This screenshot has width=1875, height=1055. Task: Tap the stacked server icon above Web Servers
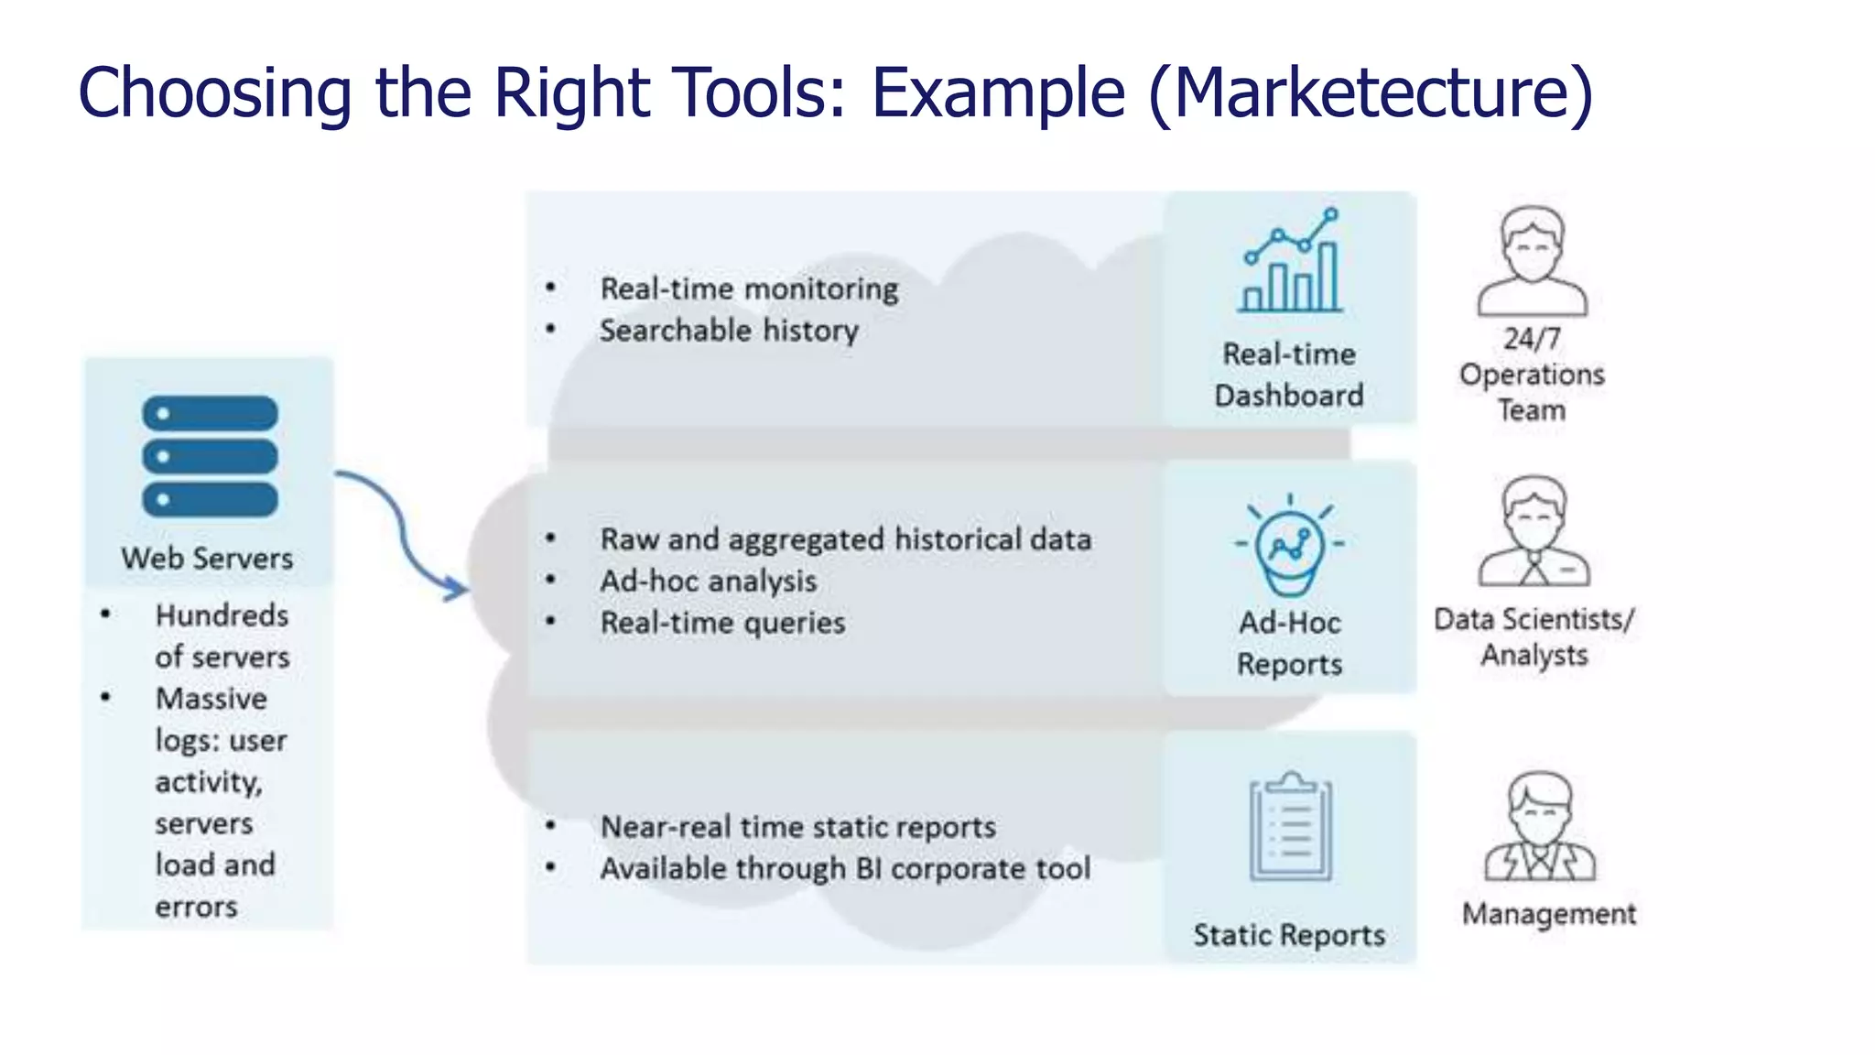coord(210,456)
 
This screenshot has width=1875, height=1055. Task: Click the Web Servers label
coord(207,559)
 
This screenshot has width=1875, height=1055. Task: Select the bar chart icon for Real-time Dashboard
coord(1290,262)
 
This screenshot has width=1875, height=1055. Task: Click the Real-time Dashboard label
coord(1289,375)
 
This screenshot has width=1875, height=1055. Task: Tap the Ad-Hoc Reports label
coord(1289,643)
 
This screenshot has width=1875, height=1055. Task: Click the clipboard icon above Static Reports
coord(1291,826)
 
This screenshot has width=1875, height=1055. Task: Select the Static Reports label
coord(1289,935)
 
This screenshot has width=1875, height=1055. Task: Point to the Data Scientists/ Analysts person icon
coord(1534,531)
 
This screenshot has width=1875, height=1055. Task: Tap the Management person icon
coord(1540,826)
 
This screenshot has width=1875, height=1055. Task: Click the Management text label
coord(1549,914)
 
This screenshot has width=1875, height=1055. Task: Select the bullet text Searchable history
coord(729,331)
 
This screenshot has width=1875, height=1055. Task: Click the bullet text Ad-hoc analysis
coord(709,581)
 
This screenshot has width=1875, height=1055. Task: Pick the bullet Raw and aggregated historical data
coord(845,539)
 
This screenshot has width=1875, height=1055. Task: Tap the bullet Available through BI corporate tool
coord(845,868)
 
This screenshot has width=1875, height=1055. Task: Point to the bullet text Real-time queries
coord(722,623)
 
